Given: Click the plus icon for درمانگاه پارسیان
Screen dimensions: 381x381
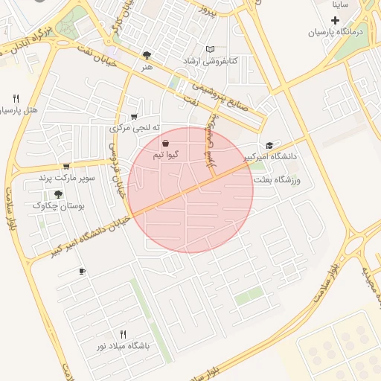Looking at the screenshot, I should [335, 19].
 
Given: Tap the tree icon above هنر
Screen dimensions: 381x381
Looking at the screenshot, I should [147, 54].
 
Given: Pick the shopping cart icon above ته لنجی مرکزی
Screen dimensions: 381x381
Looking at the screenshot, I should [134, 116].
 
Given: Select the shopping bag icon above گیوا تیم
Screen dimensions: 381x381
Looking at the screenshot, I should [164, 144].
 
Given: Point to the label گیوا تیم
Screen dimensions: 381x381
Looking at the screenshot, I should [164, 155].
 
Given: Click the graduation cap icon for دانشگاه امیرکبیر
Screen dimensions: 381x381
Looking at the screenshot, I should [269, 145].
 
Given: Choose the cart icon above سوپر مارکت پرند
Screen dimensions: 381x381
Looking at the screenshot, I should [66, 167].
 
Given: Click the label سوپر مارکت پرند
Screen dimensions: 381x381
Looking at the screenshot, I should [64, 179].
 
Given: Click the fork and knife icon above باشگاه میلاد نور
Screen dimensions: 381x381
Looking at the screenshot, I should [124, 334].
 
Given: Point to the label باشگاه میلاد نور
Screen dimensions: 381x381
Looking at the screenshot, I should [123, 346].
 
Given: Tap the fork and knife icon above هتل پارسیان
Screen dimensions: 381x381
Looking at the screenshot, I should [16, 98].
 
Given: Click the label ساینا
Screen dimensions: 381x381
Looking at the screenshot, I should [341, 4].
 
